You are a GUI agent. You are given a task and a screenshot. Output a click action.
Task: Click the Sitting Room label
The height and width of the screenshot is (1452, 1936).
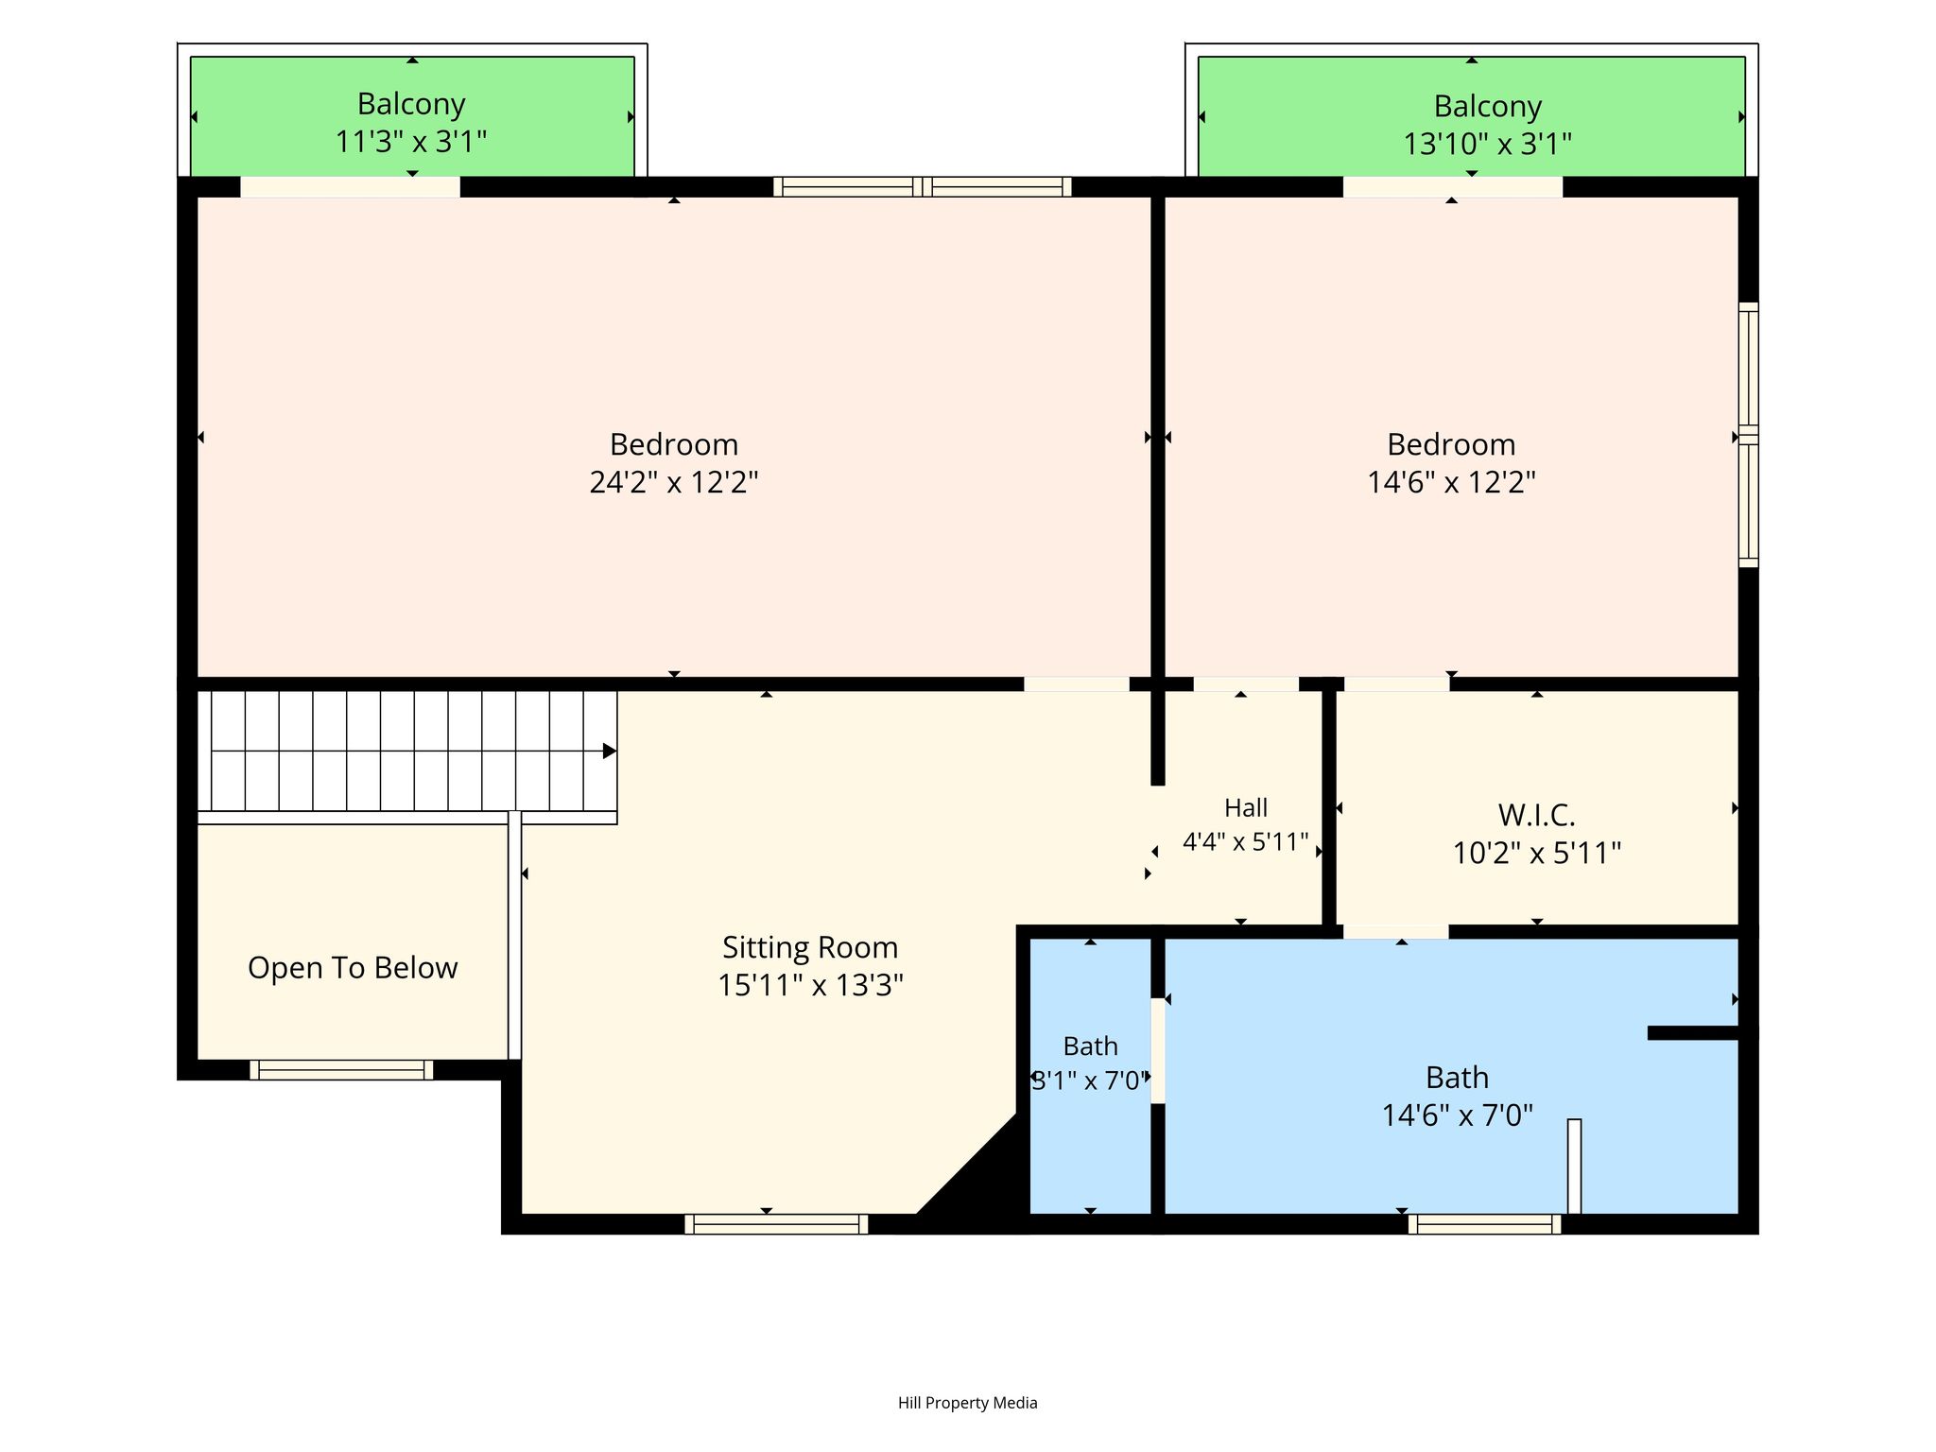810,947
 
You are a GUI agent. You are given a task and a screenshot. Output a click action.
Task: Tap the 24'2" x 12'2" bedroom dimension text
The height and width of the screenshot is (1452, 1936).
674,483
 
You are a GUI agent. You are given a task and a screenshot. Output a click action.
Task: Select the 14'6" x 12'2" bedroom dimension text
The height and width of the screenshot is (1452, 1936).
1451,483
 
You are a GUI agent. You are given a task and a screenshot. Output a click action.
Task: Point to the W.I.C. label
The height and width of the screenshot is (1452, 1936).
1536,815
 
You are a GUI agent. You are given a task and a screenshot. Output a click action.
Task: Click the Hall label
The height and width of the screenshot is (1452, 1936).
1246,808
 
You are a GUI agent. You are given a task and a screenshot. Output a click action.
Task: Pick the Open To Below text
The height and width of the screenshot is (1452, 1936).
353,968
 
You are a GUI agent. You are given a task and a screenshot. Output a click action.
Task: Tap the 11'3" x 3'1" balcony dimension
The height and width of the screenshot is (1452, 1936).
411,143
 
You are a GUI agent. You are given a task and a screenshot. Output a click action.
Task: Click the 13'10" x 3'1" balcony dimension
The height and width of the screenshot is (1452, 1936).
1487,145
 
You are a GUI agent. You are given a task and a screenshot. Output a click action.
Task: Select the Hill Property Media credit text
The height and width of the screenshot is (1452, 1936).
967,1403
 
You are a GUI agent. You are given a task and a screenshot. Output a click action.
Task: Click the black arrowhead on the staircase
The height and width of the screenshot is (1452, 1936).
610,752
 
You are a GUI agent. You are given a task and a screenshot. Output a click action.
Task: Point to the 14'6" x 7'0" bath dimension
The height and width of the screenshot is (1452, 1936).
1457,1115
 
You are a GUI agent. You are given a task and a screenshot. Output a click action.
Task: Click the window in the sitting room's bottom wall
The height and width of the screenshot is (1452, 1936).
776,1224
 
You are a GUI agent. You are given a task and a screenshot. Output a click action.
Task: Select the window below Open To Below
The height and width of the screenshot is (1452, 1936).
341,1070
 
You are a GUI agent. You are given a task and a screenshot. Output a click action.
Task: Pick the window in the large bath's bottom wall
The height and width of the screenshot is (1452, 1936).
1484,1224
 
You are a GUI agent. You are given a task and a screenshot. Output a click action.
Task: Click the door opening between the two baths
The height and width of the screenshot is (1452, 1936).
1158,1050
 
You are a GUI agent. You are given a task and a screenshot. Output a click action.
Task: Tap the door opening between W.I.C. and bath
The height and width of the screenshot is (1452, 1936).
1395,932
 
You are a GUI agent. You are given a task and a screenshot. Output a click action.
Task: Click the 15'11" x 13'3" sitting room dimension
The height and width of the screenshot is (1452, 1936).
810,986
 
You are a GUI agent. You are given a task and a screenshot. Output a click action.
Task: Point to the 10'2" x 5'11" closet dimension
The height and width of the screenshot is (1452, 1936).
1536,854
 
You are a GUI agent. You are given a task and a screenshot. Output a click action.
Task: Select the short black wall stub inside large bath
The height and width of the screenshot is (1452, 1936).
1700,1033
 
